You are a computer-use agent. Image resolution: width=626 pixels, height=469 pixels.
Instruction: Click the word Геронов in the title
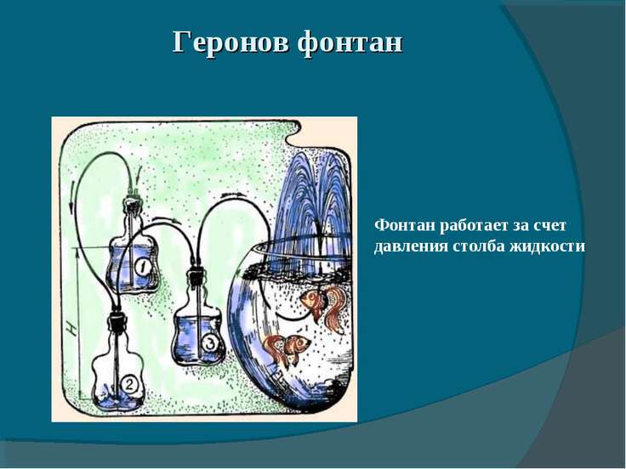230,42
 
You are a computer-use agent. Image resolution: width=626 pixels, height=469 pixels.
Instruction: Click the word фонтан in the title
350,43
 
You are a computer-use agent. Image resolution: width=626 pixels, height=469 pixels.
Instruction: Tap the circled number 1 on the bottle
143,267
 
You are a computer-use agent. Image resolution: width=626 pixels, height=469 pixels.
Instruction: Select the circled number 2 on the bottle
129,384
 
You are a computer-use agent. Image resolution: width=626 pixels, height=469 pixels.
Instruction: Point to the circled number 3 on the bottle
210,343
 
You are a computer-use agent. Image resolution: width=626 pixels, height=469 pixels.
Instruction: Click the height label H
71,329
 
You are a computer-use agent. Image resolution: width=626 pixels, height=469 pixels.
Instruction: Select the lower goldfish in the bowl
286,348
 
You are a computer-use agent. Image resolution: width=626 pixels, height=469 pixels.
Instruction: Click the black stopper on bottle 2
117,321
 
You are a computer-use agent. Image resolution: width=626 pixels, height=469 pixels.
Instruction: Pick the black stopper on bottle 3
196,276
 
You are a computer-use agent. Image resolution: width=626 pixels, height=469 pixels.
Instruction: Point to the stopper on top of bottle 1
132,205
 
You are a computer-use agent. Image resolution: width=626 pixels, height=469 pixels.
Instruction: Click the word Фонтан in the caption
405,225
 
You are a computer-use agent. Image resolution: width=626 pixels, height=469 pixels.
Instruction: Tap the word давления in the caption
410,246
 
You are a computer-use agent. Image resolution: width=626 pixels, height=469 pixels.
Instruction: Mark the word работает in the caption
472,226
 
